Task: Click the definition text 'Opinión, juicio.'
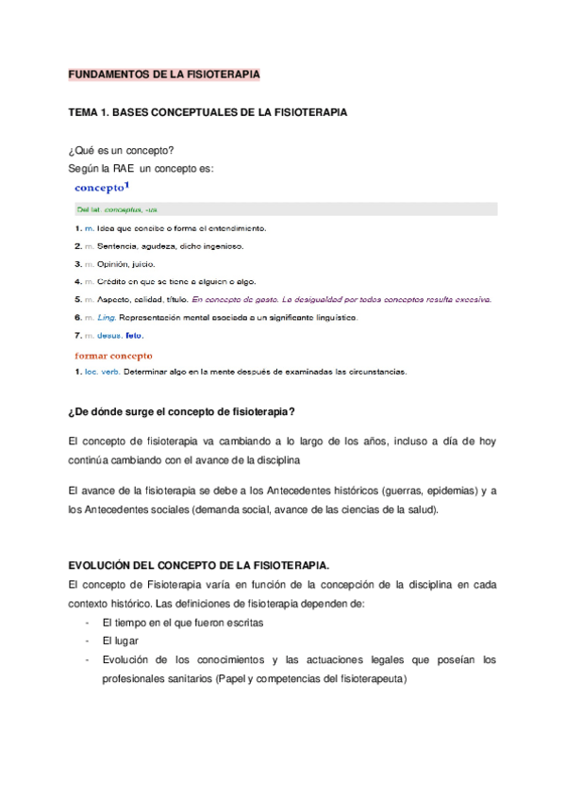coord(126,263)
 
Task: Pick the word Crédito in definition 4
coord(115,281)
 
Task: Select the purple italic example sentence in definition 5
coord(341,299)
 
